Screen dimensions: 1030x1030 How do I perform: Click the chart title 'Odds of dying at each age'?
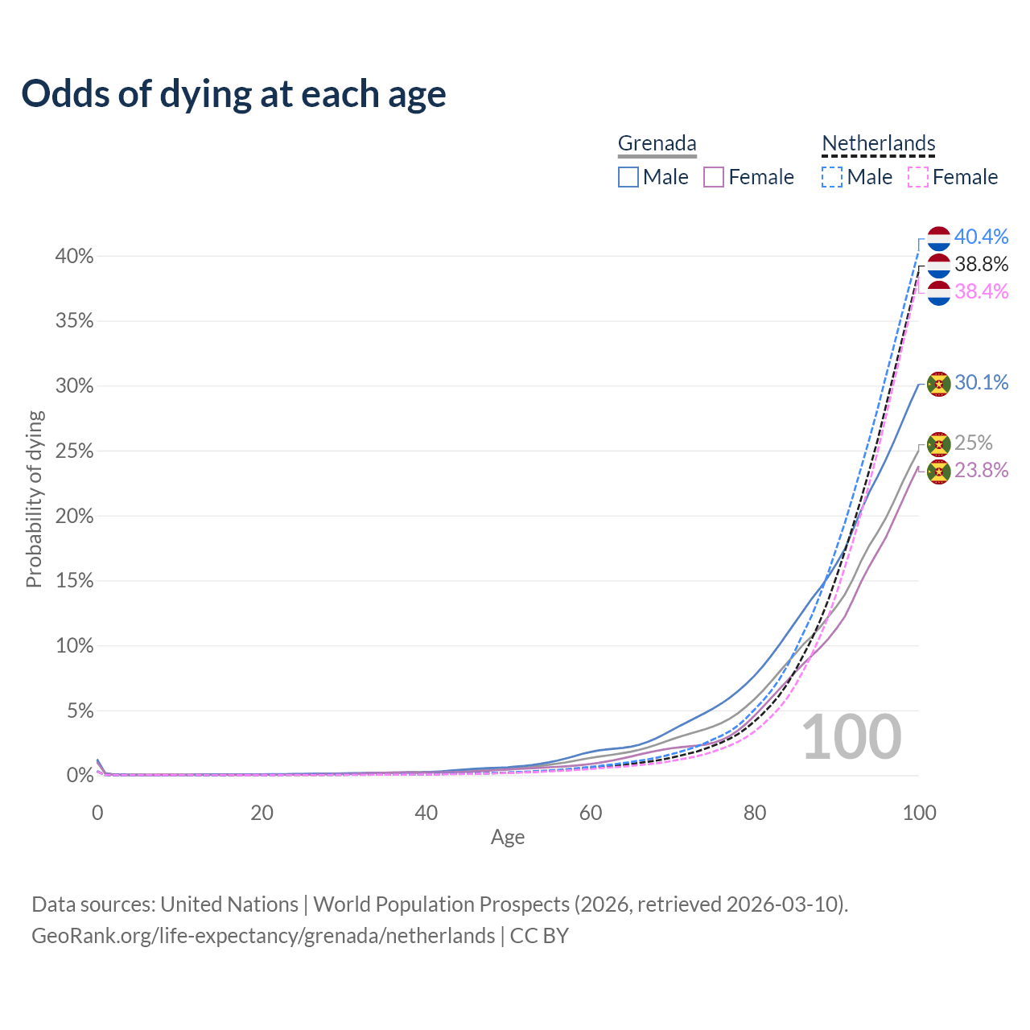(x=233, y=94)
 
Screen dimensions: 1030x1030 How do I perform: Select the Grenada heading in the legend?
(x=657, y=143)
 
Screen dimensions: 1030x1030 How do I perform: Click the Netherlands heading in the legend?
(x=878, y=143)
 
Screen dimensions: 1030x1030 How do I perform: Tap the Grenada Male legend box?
(x=628, y=177)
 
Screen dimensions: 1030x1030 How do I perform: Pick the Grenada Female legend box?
(x=714, y=177)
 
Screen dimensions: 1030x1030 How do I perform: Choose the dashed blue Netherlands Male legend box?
(x=832, y=177)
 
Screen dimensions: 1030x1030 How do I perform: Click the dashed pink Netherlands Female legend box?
(x=918, y=177)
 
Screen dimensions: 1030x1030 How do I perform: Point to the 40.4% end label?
(x=981, y=237)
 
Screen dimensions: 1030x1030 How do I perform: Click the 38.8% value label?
(x=981, y=264)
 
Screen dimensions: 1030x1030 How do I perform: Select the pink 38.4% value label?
(x=981, y=291)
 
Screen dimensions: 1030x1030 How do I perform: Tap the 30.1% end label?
(x=981, y=382)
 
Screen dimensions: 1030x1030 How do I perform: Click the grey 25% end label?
(x=973, y=443)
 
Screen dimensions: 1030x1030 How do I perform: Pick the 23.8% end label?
(x=981, y=470)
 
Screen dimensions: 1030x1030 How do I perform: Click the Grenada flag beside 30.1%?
(x=939, y=384)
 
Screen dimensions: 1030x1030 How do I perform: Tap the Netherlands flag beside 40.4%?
(x=939, y=238)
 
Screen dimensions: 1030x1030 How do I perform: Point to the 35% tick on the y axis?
(x=75, y=321)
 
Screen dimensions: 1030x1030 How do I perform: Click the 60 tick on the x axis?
(x=591, y=813)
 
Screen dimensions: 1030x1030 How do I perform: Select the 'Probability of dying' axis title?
(x=34, y=499)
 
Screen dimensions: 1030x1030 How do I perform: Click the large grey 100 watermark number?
(x=851, y=737)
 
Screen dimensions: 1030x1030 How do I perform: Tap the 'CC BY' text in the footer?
(x=539, y=936)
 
